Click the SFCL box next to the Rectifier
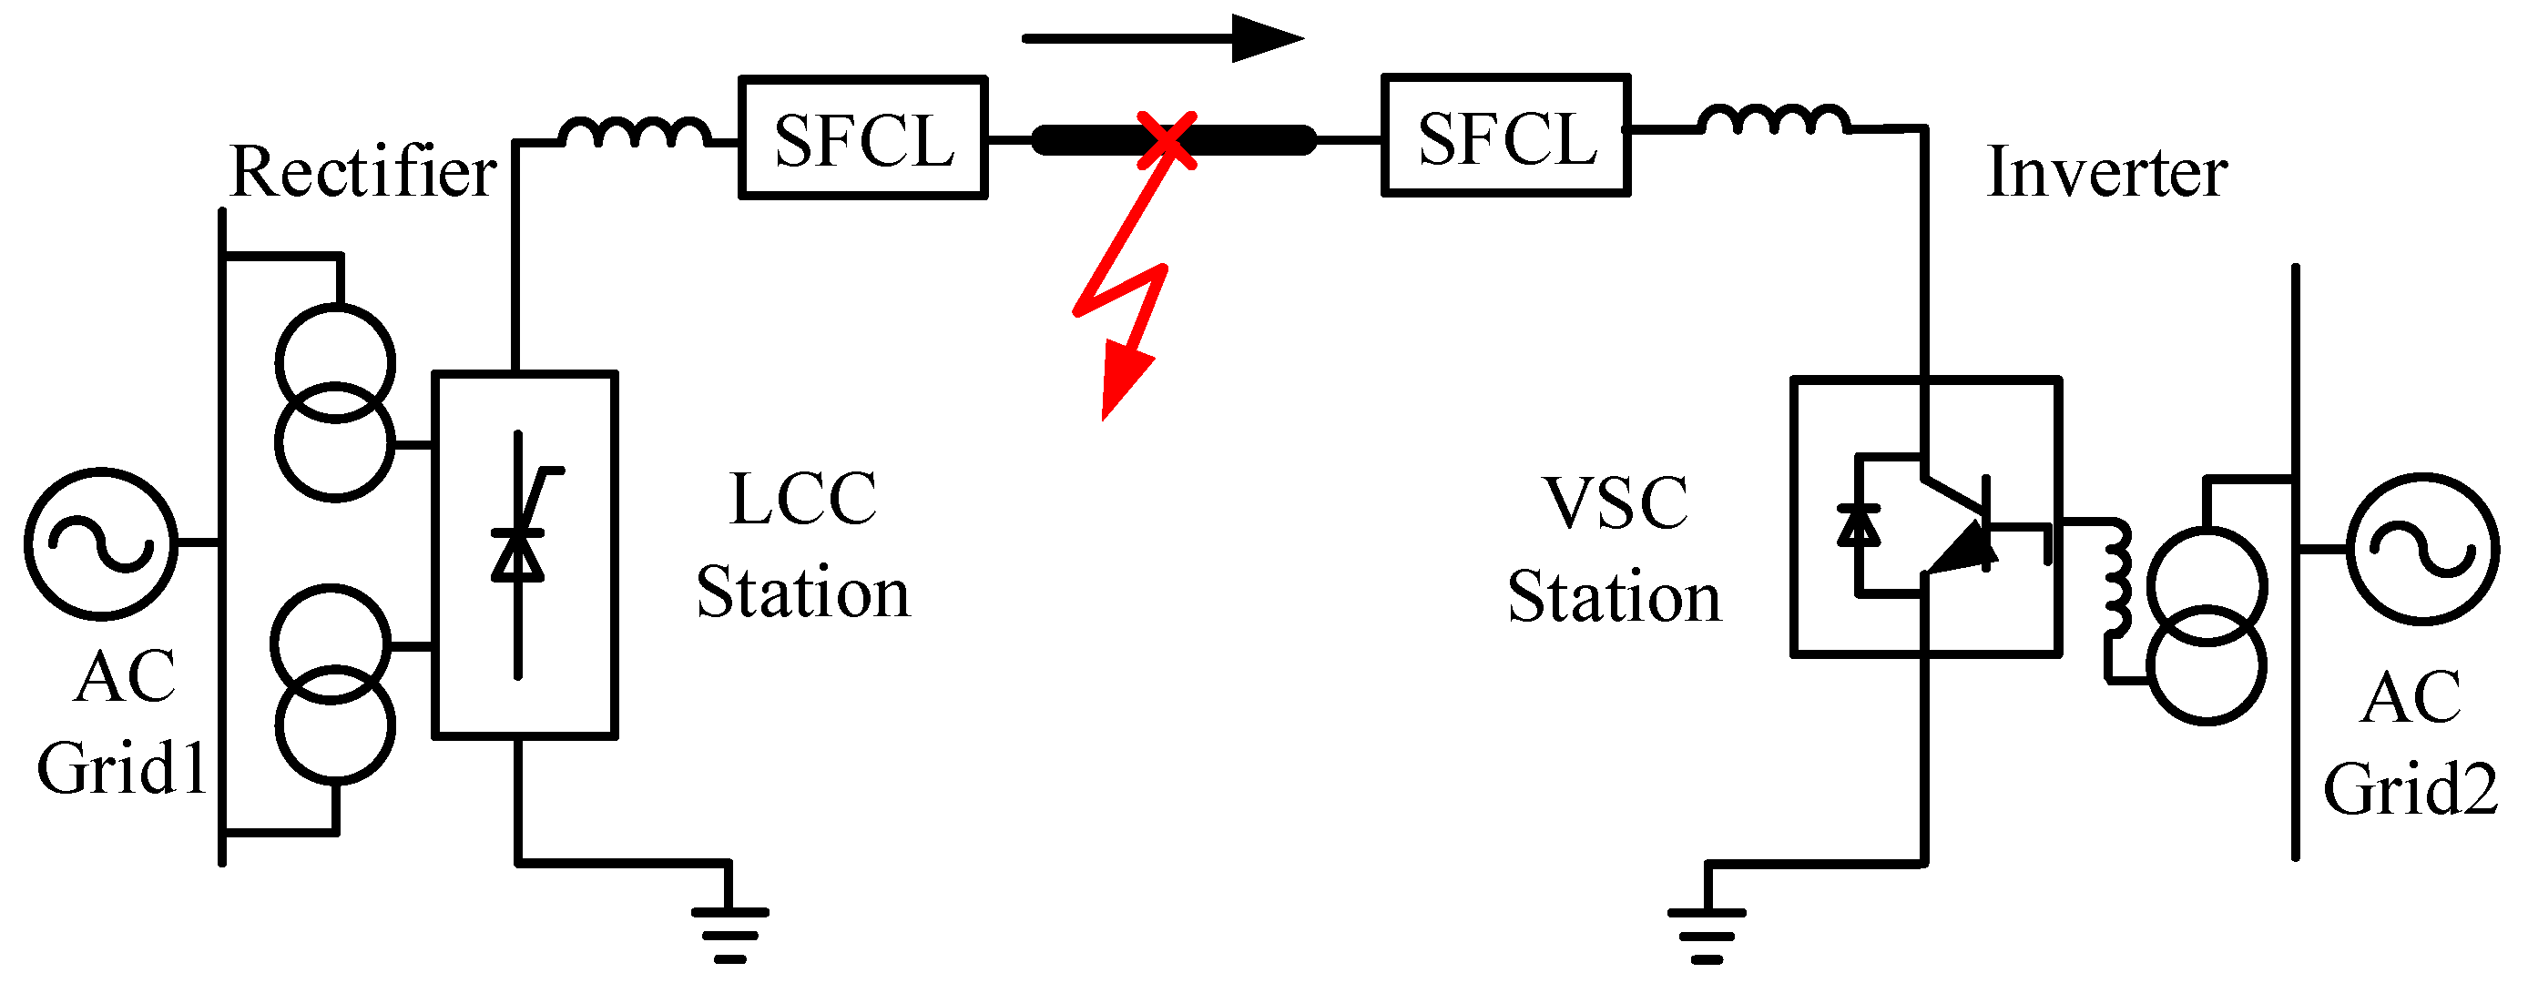click(x=861, y=137)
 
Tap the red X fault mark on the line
click(x=1166, y=139)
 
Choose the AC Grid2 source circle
click(x=2422, y=550)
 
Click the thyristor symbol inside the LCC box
click(x=518, y=554)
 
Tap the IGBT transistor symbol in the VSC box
click(x=1958, y=530)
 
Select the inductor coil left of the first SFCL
click(x=635, y=133)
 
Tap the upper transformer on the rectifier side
click(x=334, y=402)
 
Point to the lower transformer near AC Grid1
click(x=332, y=684)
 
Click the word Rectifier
click(x=362, y=172)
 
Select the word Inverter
click(x=2106, y=172)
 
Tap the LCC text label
click(x=803, y=500)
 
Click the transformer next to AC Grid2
click(x=2207, y=626)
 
